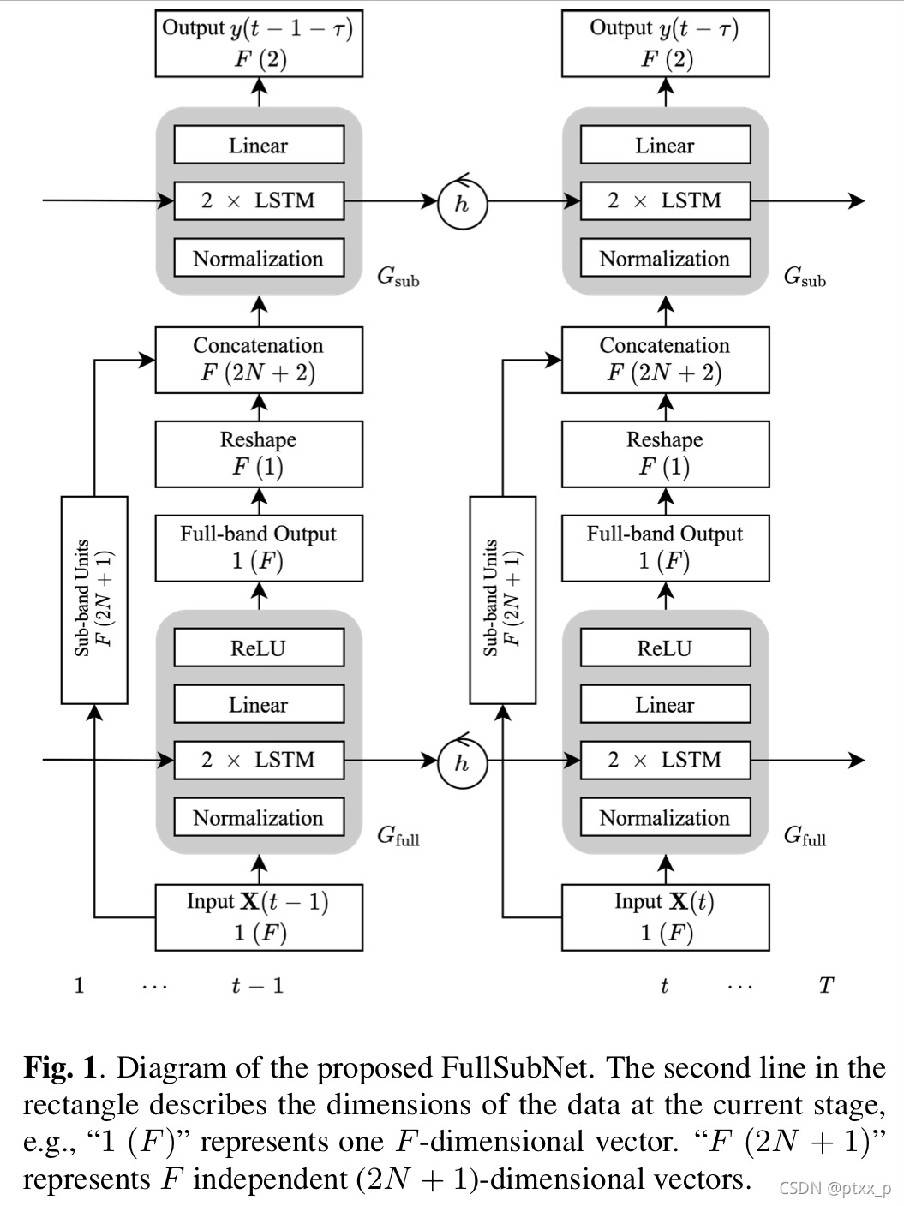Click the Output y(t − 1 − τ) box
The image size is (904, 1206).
pyautogui.click(x=259, y=44)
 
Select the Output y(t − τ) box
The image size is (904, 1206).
pyautogui.click(x=665, y=44)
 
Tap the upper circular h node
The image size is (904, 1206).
pyautogui.click(x=462, y=203)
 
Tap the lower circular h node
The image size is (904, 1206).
pyautogui.click(x=462, y=761)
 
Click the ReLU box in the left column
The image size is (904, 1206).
pyautogui.click(x=259, y=648)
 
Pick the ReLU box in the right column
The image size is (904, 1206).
pyautogui.click(x=665, y=648)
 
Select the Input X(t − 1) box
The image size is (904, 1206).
pyautogui.click(x=259, y=917)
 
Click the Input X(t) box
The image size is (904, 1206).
pyautogui.click(x=665, y=917)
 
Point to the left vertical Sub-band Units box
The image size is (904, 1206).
pyautogui.click(x=94, y=600)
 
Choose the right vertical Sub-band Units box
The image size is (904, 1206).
pyautogui.click(x=502, y=600)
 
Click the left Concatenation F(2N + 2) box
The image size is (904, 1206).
pyautogui.click(x=259, y=360)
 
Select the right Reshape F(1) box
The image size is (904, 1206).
pyautogui.click(x=665, y=454)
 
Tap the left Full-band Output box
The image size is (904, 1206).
pyautogui.click(x=259, y=548)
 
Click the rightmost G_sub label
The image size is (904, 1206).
pyautogui.click(x=805, y=277)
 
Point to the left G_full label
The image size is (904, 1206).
pyautogui.click(x=398, y=836)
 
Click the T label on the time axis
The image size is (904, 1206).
pyautogui.click(x=825, y=986)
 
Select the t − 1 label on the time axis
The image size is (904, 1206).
pyautogui.click(x=257, y=986)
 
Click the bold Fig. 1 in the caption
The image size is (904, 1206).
pyautogui.click(x=60, y=1068)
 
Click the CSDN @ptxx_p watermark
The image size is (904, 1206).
pyautogui.click(x=835, y=1188)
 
